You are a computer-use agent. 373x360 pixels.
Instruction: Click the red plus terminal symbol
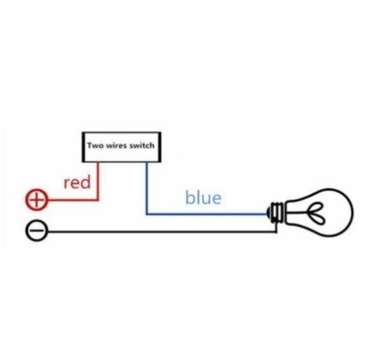[37, 200]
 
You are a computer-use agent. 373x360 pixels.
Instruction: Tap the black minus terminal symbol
[37, 231]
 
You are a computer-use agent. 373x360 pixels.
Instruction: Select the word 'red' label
[77, 182]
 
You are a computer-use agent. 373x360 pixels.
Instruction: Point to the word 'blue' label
[203, 197]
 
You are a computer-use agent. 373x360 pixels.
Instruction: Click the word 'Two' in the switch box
[95, 145]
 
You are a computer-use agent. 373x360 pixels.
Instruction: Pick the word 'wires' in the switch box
[116, 145]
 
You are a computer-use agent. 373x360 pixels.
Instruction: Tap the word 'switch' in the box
[141, 145]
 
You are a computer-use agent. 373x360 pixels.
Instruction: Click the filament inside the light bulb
[317, 213]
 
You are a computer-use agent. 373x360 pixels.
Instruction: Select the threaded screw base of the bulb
[276, 213]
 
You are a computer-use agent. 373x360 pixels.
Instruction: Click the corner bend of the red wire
[98, 200]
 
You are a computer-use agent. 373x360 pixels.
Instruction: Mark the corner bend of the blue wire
[147, 214]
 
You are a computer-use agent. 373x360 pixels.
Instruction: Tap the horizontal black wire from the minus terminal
[162, 231]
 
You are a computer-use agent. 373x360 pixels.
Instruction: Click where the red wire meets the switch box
[98, 162]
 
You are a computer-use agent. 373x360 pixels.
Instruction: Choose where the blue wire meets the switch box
[147, 162]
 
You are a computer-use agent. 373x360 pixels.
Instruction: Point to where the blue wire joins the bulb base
[267, 214]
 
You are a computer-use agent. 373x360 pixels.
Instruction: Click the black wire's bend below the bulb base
[276, 231]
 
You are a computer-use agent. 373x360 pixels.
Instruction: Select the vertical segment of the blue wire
[147, 188]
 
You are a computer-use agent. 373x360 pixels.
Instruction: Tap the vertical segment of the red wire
[98, 181]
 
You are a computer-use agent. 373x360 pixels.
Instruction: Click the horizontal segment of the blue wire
[207, 214]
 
